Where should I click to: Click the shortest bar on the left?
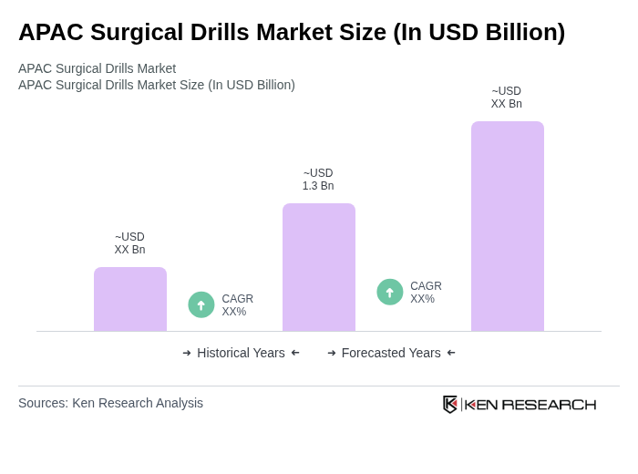130,299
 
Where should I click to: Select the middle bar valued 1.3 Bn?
319,267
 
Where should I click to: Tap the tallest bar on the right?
508,226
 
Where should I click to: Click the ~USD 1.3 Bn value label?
318,180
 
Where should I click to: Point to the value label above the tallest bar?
507,98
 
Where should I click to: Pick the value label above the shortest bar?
129,243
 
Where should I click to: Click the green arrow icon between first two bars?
201,304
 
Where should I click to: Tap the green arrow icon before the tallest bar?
390,292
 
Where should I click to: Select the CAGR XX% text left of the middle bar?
237,305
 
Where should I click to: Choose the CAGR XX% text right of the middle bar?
426,293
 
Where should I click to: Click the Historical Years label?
241,353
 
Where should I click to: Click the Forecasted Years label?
391,353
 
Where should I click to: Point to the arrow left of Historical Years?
187,353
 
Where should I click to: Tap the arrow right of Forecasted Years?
451,353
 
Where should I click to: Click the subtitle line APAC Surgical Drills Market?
97,68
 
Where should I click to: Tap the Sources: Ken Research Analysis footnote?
110,403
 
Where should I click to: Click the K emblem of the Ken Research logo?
450,404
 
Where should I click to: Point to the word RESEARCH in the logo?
549,405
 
